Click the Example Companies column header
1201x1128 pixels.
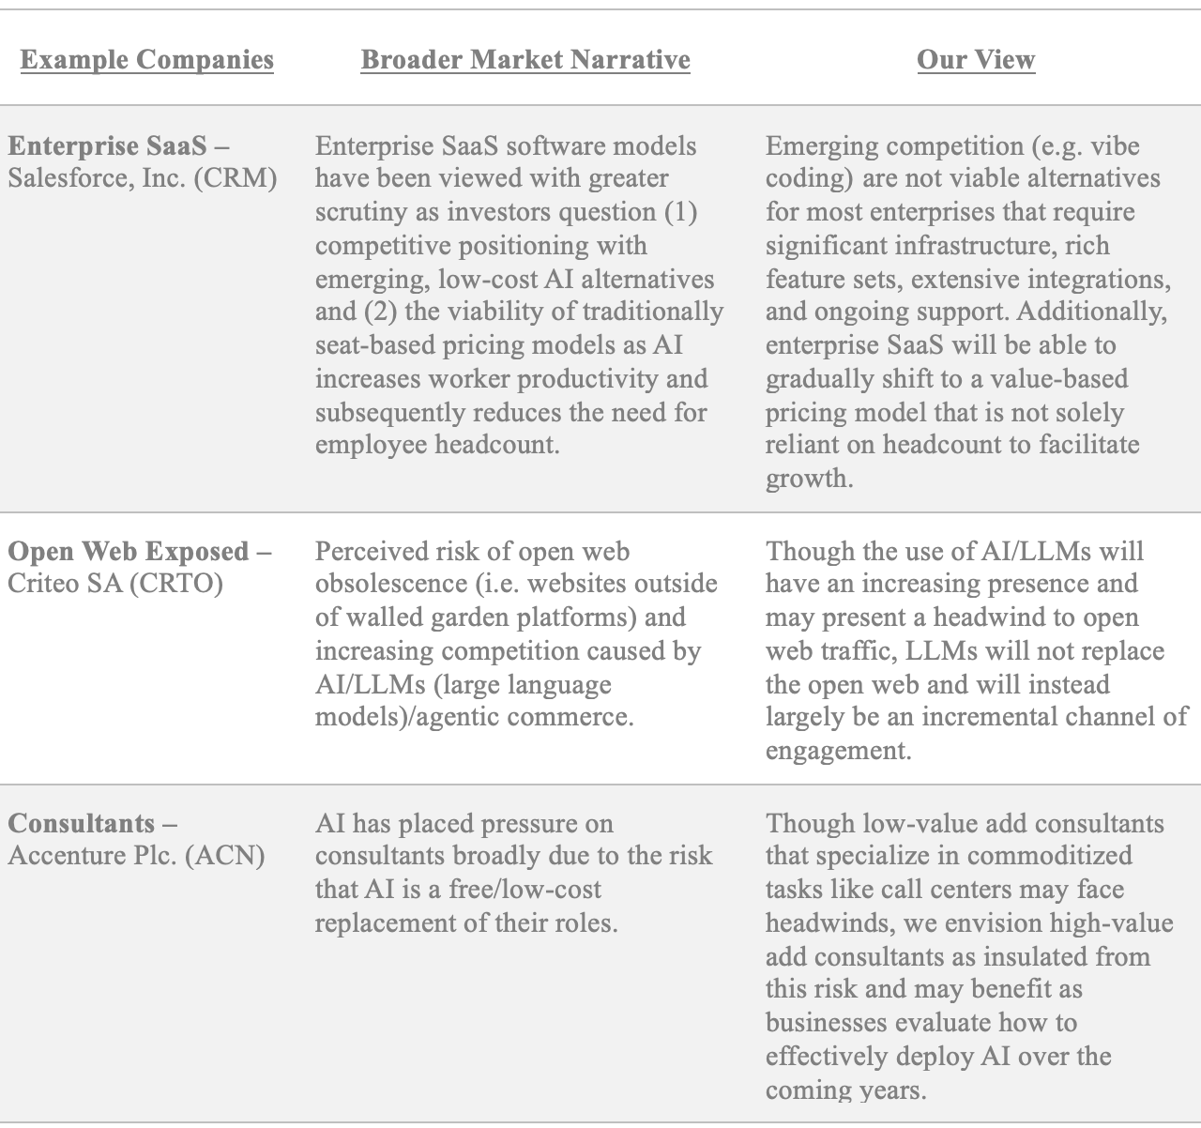(x=146, y=60)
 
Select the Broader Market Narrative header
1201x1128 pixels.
(x=525, y=60)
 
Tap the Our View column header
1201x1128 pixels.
(x=976, y=60)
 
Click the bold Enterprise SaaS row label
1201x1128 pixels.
(x=109, y=146)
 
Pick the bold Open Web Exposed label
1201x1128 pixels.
(x=129, y=551)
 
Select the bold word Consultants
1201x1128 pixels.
(x=83, y=823)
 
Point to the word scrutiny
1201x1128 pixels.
(x=361, y=213)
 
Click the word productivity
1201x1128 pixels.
(x=592, y=379)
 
